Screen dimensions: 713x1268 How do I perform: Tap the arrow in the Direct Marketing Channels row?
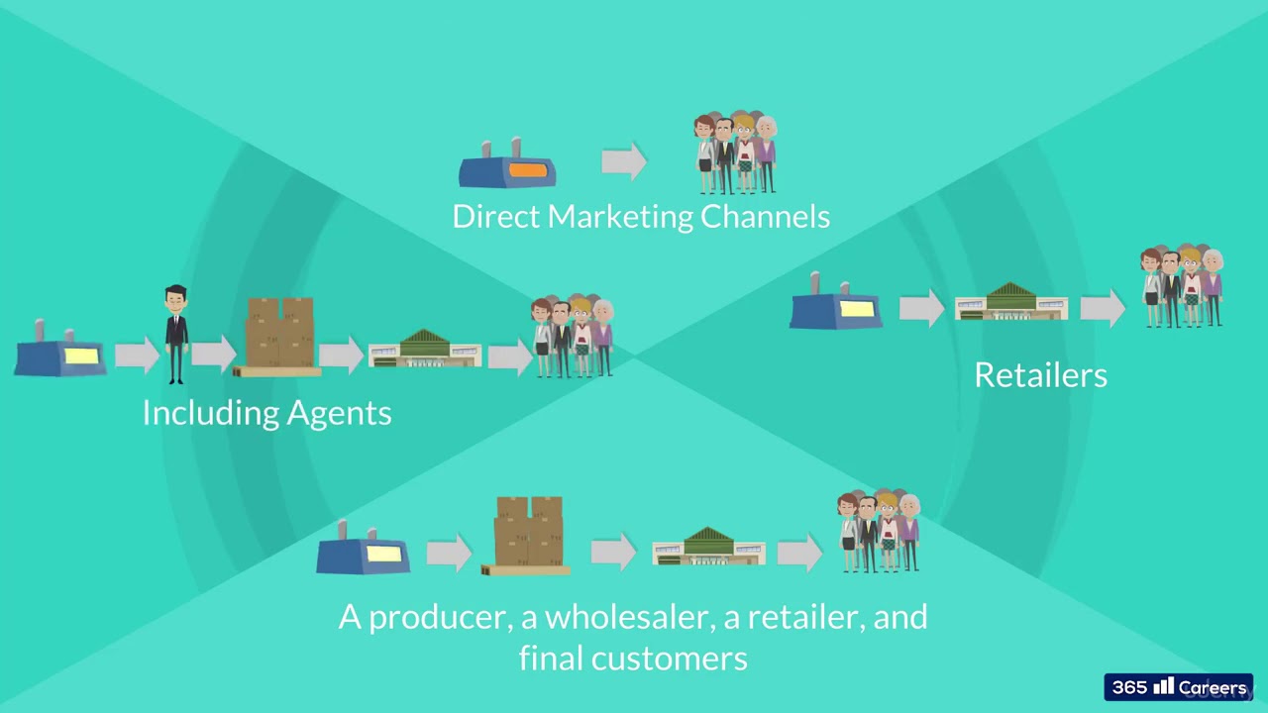624,160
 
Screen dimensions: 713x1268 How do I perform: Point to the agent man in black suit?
176,334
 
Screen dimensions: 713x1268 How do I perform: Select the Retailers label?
1040,374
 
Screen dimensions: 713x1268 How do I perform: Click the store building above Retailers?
1011,302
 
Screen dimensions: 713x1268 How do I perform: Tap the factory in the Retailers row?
836,306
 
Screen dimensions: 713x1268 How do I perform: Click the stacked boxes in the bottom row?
528,536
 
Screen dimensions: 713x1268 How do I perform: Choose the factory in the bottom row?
364,552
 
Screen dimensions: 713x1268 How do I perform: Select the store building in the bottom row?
708,548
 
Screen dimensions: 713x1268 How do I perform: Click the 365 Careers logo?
1179,687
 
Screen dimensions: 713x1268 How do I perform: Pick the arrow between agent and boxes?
214,355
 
